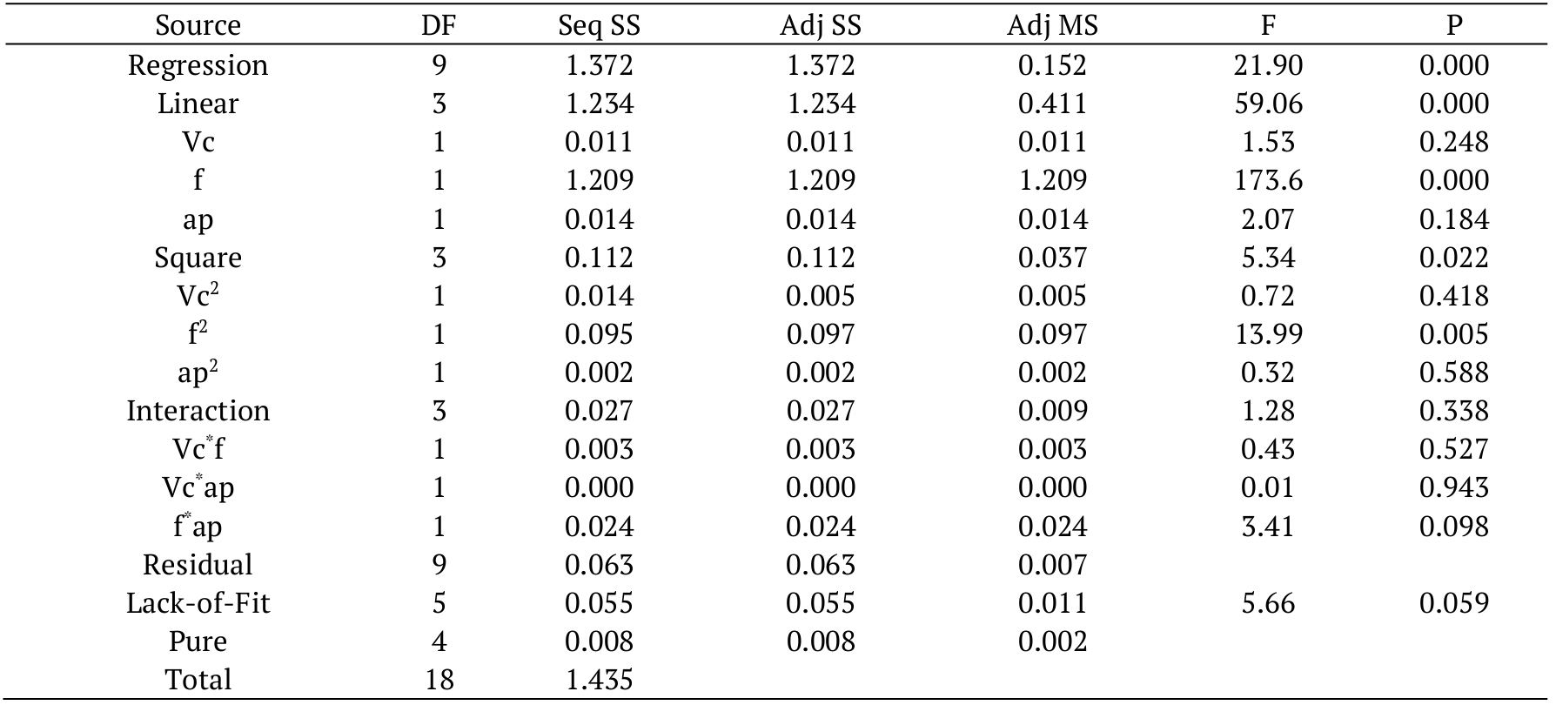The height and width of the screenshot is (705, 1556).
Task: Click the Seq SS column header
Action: point(599,26)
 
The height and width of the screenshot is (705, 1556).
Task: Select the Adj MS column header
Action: point(1052,26)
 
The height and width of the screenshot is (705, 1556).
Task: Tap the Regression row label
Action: point(198,65)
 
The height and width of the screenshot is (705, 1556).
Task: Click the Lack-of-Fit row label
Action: point(198,603)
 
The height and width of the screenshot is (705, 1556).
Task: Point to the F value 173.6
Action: point(1268,180)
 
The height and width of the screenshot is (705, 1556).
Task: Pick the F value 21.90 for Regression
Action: point(1268,65)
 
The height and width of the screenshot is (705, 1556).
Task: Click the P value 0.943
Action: point(1453,487)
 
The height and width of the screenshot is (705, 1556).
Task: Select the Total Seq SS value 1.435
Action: point(599,680)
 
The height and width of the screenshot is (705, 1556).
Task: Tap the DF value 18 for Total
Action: point(439,680)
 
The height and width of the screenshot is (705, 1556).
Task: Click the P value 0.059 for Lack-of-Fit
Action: point(1453,603)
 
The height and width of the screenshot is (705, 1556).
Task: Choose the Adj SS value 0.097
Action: point(820,334)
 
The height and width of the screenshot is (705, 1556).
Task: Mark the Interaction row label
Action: point(198,411)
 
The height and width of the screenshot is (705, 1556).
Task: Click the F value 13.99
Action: point(1268,334)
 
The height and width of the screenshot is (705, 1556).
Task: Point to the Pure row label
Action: point(198,641)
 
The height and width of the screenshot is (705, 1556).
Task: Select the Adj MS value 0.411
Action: point(1052,104)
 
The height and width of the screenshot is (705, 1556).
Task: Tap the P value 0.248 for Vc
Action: point(1453,142)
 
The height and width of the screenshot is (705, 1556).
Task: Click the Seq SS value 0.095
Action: point(599,334)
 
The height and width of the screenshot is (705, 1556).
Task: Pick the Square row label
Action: point(198,258)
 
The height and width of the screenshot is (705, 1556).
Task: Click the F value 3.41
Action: point(1268,527)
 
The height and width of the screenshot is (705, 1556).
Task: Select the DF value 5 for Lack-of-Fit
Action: point(439,603)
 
